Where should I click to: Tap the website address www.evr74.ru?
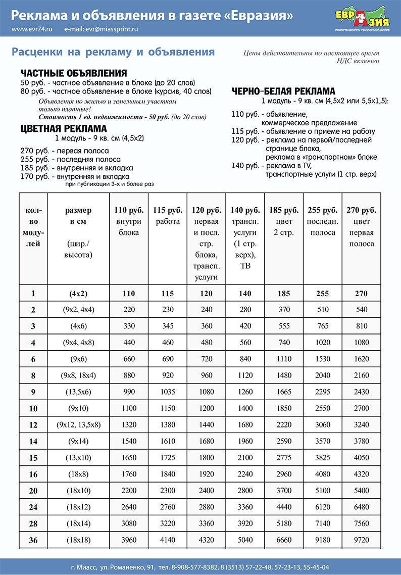[32, 29]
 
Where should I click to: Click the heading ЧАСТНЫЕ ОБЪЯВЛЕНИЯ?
[73, 73]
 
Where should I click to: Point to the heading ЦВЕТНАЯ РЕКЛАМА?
[64, 128]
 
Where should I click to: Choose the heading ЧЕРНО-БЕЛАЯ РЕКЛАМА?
[283, 91]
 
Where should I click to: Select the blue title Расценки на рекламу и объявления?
[113, 52]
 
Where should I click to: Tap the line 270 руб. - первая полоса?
[65, 151]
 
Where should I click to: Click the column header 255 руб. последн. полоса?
[322, 221]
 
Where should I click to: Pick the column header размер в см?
[78, 232]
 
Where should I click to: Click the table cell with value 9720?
[361, 540]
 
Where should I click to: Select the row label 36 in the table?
[33, 540]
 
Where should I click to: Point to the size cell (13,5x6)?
[78, 391]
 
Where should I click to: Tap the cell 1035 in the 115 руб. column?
[167, 391]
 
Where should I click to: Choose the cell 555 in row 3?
[284, 326]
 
